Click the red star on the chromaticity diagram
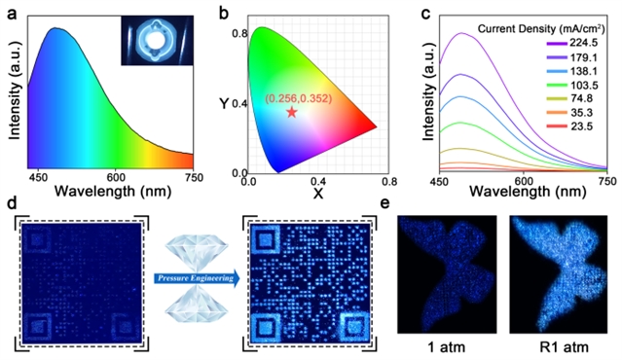(x=292, y=112)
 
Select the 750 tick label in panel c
(x=606, y=181)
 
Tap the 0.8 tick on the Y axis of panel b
(x=239, y=33)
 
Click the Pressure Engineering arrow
(x=197, y=278)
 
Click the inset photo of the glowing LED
(x=157, y=40)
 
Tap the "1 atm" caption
(x=446, y=347)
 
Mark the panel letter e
(x=385, y=203)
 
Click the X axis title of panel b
(x=318, y=194)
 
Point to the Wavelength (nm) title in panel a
(x=113, y=192)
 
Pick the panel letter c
(x=425, y=14)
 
